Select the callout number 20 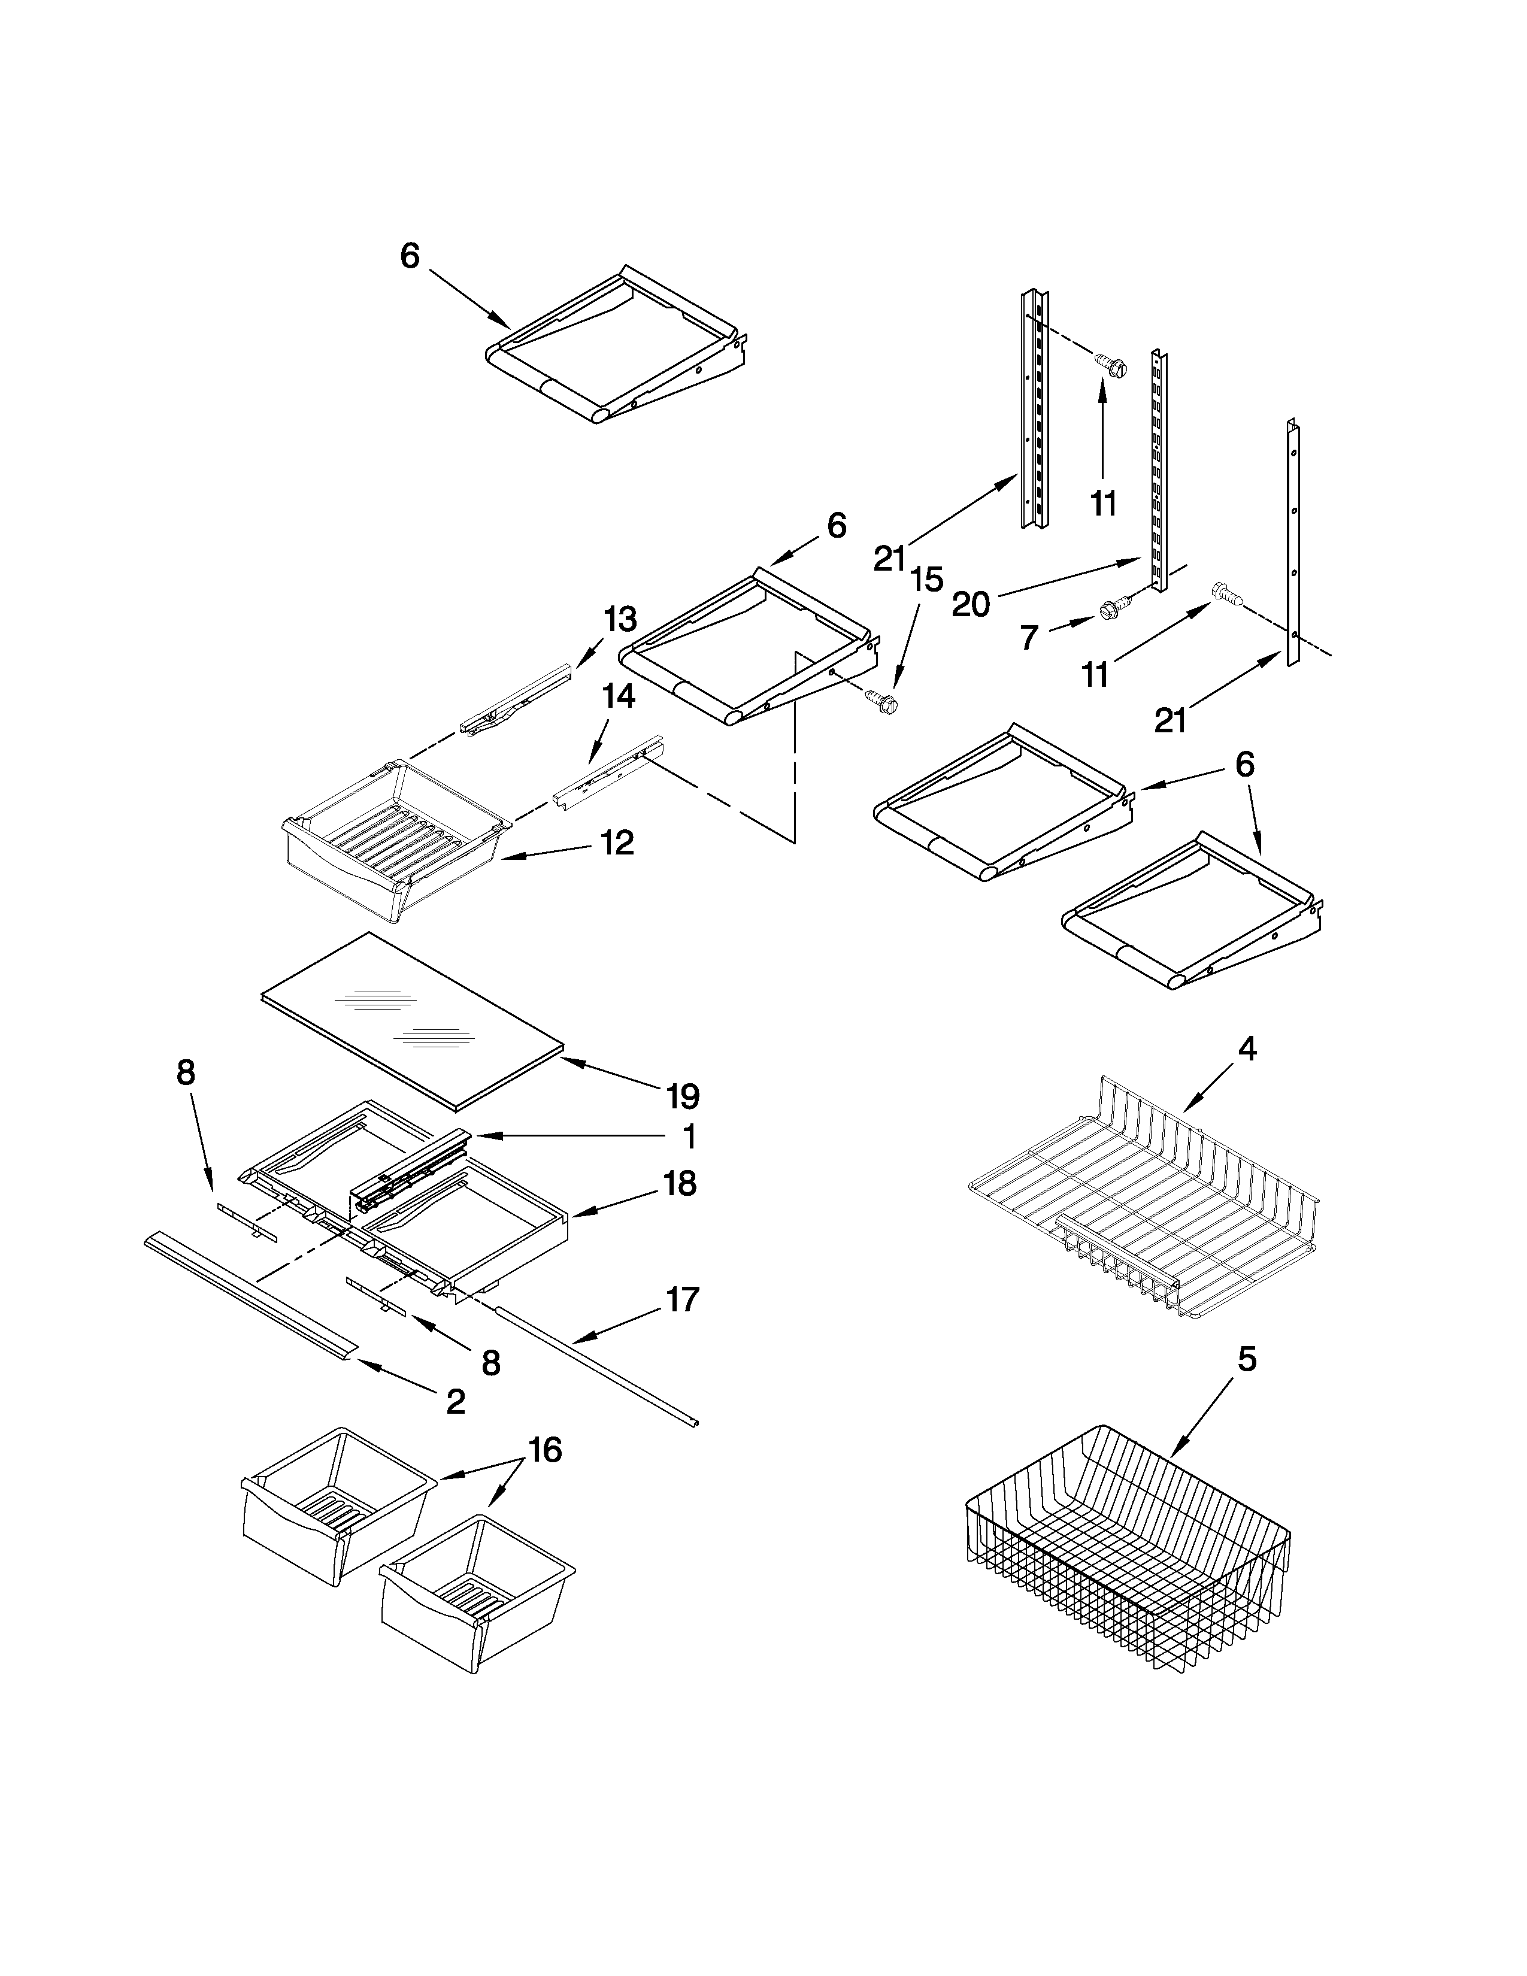(x=971, y=604)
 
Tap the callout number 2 (x=456, y=1402)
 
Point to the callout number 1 (x=689, y=1136)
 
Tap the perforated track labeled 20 (x=1158, y=471)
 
